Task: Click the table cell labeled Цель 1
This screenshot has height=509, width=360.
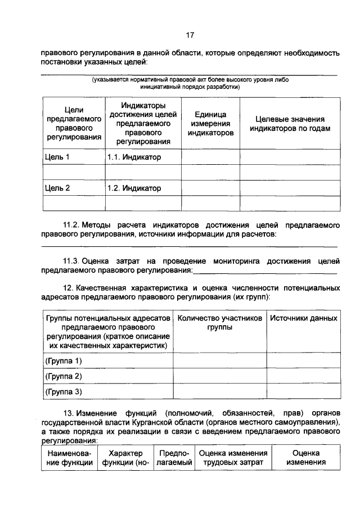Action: (x=57, y=157)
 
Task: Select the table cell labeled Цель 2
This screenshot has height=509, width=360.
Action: (x=57, y=188)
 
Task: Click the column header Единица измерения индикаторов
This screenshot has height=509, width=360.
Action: (x=210, y=123)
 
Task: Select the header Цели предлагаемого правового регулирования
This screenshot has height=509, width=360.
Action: (x=70, y=123)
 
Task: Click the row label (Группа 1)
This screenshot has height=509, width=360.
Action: (x=63, y=360)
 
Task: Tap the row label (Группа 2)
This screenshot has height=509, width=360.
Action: (x=63, y=376)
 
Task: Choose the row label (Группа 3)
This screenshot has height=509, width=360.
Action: (x=63, y=391)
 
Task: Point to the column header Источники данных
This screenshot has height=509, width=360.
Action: (x=303, y=318)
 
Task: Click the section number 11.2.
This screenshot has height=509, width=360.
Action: (x=73, y=226)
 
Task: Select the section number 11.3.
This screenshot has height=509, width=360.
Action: (x=73, y=261)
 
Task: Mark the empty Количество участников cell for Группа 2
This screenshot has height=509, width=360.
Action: (x=219, y=376)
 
